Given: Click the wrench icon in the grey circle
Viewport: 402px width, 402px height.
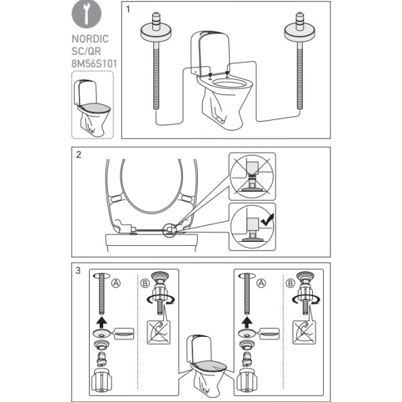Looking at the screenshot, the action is point(86,13).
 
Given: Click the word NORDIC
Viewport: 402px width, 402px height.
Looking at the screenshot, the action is point(90,39).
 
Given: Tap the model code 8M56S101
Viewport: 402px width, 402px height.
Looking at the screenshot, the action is point(94,64).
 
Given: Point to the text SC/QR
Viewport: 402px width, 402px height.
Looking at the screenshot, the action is point(86,52).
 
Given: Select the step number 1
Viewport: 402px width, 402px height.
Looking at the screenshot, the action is point(128,9).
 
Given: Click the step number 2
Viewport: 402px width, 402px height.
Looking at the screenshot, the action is point(78,155).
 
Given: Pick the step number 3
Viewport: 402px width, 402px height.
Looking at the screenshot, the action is point(78,271).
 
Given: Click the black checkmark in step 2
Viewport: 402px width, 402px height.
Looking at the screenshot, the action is point(267,220).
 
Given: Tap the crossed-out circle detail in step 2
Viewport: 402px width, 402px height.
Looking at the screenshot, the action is point(252,176).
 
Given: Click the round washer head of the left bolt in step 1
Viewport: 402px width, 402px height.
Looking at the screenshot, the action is point(155,32).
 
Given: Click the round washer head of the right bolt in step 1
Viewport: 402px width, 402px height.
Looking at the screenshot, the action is point(299,32).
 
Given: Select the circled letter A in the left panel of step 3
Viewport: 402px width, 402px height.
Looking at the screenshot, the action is point(116,283).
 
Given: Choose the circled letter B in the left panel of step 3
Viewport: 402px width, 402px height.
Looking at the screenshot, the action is point(145,283).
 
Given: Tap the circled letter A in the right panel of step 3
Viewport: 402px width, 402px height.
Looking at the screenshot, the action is point(261,283).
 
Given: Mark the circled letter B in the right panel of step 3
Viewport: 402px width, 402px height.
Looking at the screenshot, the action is point(290,283).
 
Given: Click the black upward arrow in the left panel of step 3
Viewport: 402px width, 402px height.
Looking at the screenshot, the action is point(102,322).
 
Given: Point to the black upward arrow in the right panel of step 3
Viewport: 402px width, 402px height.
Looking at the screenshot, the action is point(247,322).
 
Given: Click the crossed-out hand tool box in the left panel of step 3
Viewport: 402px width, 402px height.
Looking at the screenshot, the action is point(158,332).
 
